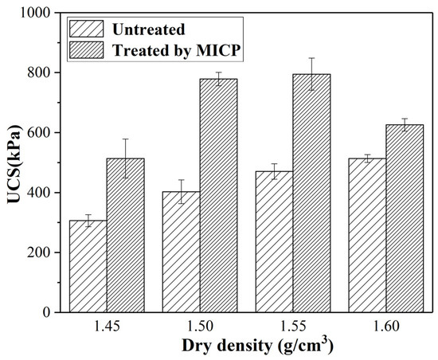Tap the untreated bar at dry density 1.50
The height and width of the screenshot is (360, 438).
[181, 252]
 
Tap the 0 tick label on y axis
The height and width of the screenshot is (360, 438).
[49, 312]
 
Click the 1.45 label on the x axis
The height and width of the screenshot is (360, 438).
[106, 327]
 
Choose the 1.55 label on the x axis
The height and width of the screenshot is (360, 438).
[293, 327]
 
